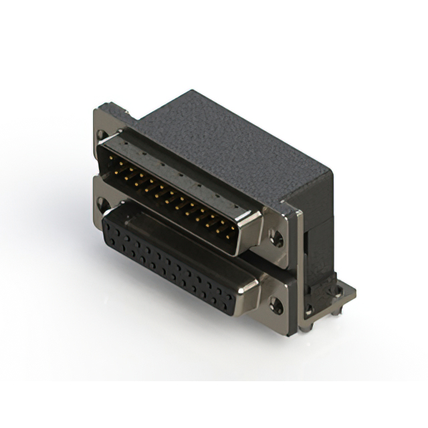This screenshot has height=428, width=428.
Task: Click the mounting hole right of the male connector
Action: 275,236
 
